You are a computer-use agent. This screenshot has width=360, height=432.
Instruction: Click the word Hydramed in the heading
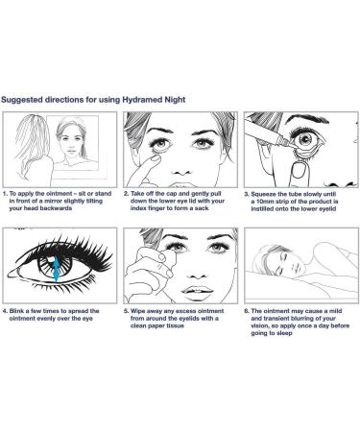click(142, 100)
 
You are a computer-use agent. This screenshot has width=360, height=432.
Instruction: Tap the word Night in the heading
click(175, 100)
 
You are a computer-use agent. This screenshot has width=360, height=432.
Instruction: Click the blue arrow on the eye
click(56, 268)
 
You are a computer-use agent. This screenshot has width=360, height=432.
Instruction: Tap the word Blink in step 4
click(16, 311)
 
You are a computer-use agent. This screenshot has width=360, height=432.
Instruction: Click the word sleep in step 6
click(284, 333)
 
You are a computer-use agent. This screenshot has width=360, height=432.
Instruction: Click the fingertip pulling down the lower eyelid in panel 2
click(156, 158)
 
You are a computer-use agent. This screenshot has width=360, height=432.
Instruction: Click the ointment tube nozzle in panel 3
click(291, 144)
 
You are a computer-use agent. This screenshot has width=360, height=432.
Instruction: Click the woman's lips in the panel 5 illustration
click(197, 291)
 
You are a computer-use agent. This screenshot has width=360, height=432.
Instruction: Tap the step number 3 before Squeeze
click(247, 194)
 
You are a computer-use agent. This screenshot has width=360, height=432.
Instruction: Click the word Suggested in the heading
click(22, 100)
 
